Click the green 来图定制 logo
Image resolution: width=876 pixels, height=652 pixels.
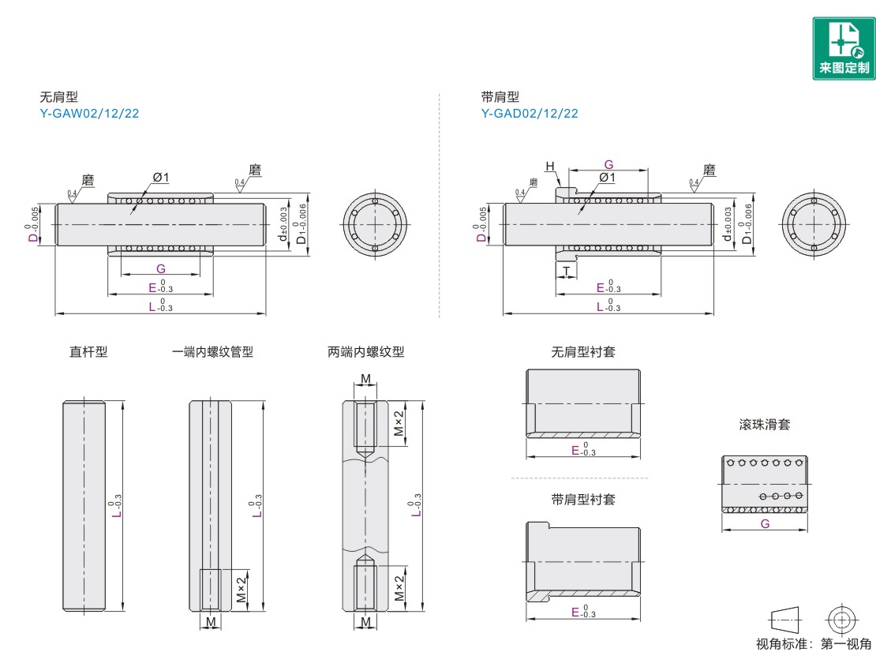coord(844,48)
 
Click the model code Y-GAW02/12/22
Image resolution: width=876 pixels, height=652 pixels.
coord(89,113)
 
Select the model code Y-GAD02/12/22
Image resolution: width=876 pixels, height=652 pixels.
coord(530,113)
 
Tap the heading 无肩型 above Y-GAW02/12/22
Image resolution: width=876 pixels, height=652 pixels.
coord(58,97)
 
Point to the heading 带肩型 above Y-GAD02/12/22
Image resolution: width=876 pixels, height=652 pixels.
coord(500,97)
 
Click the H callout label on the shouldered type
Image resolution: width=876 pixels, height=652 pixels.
coord(549,166)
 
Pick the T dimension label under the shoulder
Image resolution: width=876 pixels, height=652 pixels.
coord(567,271)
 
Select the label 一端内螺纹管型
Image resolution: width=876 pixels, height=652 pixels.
coord(212,352)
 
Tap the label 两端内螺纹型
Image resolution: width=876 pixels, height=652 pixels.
coord(365,352)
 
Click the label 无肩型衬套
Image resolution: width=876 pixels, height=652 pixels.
coord(583,352)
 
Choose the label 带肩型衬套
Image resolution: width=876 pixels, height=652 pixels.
coord(583,499)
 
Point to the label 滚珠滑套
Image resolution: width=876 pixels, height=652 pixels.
coord(764,424)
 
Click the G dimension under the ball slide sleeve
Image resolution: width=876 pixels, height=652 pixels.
coord(765,523)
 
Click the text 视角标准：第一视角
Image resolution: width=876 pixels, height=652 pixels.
coord(814,643)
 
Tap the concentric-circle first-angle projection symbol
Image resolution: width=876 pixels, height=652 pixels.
coord(841,617)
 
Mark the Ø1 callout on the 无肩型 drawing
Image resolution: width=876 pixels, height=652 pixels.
coord(161,177)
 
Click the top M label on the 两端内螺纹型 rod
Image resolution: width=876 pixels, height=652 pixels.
coord(365,380)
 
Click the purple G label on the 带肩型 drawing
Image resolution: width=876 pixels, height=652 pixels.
coord(608,165)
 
